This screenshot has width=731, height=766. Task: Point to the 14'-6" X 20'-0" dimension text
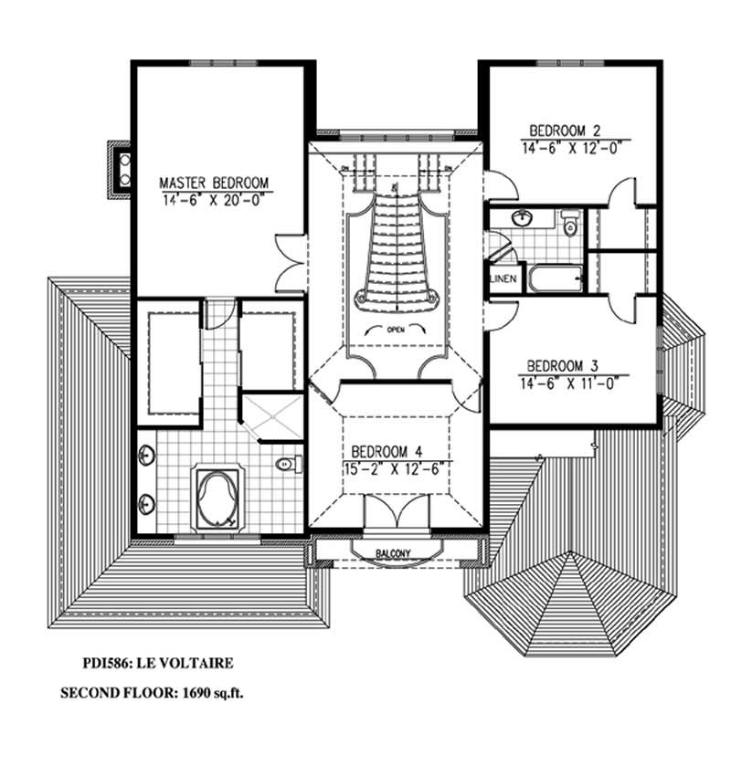click(215, 197)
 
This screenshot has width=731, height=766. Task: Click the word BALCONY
click(395, 553)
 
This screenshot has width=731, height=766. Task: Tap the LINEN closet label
click(503, 279)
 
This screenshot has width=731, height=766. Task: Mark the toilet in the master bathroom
click(285, 464)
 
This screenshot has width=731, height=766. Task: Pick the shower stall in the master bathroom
click(270, 416)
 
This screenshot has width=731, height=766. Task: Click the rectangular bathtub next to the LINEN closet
click(553, 278)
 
